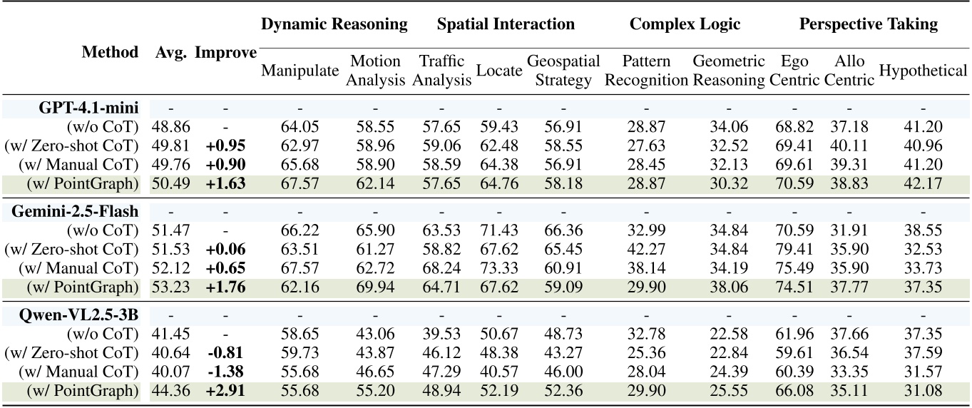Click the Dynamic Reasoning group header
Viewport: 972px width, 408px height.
pos(334,24)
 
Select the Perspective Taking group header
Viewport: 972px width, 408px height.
pos(868,24)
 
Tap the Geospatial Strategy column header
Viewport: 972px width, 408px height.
pos(563,71)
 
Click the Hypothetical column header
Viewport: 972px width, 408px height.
pos(923,71)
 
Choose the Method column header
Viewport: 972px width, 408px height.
pos(110,52)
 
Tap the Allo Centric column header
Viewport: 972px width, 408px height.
pos(849,71)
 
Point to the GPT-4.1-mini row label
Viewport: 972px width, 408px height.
pos(89,108)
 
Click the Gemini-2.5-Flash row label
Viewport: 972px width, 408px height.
pos(75,212)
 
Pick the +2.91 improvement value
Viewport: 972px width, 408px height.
pos(225,391)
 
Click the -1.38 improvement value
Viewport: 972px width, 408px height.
pos(225,372)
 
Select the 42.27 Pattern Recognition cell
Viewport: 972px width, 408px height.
pos(646,250)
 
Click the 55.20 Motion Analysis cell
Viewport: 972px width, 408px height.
pos(375,391)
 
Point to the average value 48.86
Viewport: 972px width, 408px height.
pos(170,128)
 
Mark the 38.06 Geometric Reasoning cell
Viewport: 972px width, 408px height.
pos(728,287)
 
